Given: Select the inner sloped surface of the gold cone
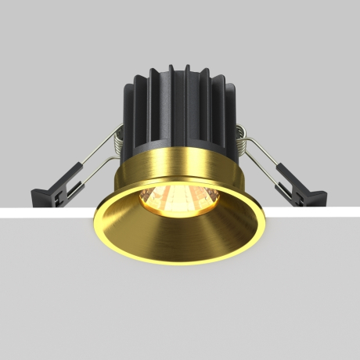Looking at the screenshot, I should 180,235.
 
